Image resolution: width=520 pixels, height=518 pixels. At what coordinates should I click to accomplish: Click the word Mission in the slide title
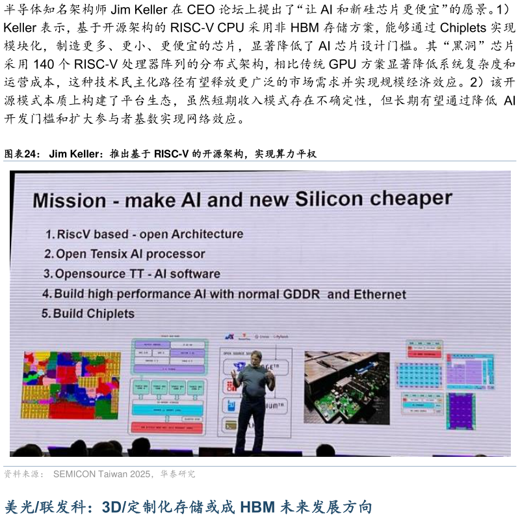[x=69, y=200]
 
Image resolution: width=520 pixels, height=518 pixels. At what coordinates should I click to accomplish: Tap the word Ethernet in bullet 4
[x=380, y=294]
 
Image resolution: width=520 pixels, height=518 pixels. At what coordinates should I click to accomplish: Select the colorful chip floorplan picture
[x=71, y=385]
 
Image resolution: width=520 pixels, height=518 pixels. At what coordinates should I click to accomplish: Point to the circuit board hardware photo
[x=346, y=388]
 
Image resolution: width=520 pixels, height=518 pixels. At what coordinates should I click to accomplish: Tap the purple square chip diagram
[x=461, y=411]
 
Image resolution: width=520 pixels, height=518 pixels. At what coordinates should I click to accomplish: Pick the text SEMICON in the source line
[x=74, y=474]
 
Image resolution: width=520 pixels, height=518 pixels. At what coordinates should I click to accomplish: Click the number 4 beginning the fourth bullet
[x=46, y=294]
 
